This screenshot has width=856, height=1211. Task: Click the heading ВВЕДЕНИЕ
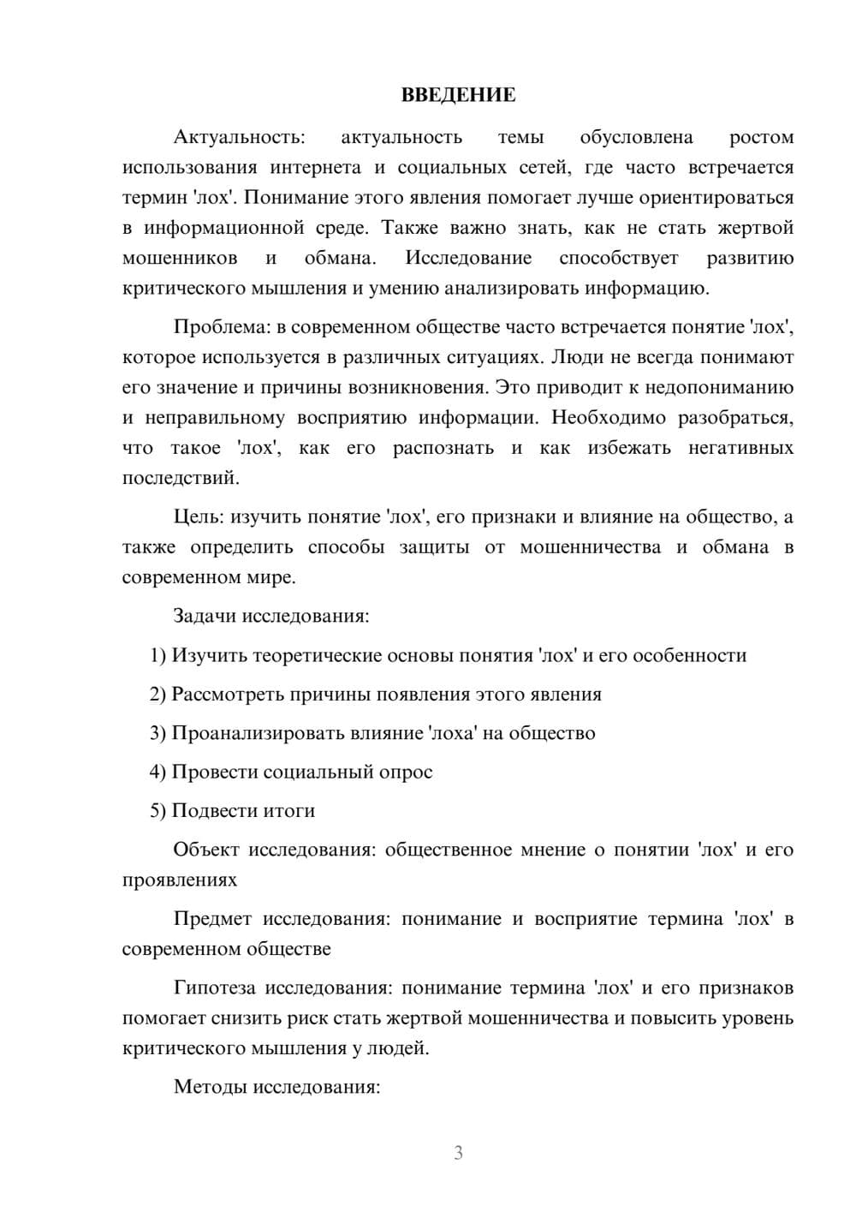[458, 95]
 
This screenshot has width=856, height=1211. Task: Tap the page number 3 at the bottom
[458, 1153]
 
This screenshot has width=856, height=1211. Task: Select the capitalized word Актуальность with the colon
[239, 137]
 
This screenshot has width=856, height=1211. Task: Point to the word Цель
[199, 516]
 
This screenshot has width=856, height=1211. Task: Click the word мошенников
[179, 258]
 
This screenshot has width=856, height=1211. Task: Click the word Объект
[206, 850]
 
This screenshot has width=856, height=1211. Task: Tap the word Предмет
[212, 919]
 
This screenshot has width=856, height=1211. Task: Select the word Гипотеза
[214, 987]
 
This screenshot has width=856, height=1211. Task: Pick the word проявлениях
[179, 880]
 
